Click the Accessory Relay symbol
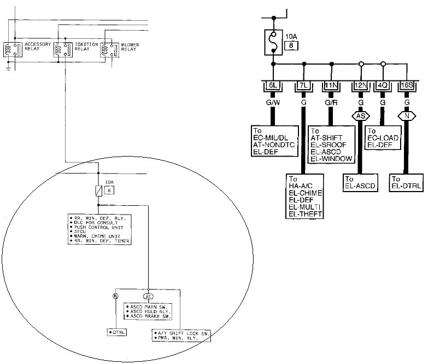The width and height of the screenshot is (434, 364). point(13,49)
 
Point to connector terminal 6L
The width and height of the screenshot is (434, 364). point(272,86)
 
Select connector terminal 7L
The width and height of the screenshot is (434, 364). point(302,86)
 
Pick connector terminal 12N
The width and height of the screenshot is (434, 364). point(360,86)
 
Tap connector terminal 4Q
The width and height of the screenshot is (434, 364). point(383,86)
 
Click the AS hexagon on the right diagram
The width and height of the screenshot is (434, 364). point(360,115)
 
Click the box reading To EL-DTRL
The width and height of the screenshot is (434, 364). point(407,183)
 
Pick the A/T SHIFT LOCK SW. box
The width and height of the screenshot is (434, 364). point(180,335)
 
